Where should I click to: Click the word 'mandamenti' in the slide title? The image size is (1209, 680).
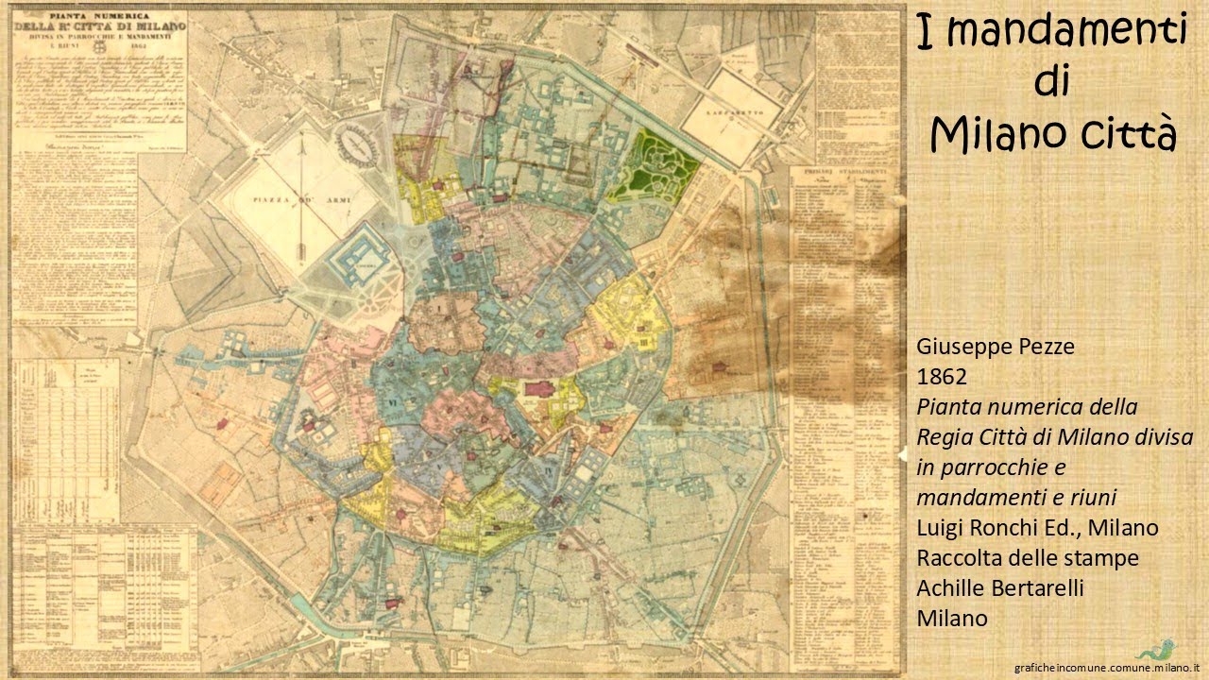[1065, 31]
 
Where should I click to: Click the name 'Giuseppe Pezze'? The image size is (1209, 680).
[995, 347]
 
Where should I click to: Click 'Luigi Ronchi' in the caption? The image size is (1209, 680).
[978, 528]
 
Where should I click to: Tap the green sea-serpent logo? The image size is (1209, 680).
[1155, 651]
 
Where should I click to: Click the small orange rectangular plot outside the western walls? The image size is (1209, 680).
[219, 484]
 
